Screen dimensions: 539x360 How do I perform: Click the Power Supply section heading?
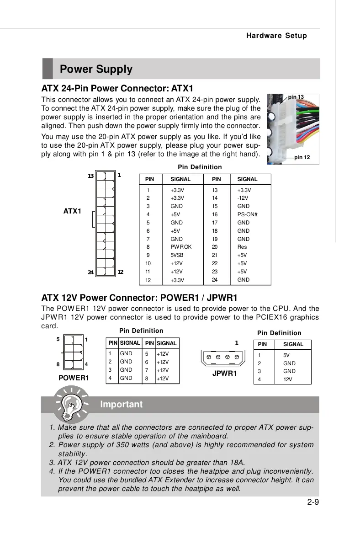pos(96,69)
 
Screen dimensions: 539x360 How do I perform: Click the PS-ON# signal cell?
pos(248,214)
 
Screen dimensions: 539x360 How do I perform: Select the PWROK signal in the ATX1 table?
pos(181,247)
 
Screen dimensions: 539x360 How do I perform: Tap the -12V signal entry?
pos(243,198)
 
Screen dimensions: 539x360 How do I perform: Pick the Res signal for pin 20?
pos(242,247)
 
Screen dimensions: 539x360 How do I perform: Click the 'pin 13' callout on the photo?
pos(296,97)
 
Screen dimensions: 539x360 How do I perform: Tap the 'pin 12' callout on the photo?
pos(302,157)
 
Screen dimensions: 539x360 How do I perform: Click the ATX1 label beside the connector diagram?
pos(72,211)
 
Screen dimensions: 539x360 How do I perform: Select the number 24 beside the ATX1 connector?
pos(91,272)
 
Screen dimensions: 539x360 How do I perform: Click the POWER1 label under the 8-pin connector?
pos(74,378)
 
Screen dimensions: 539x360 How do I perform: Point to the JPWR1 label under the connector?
pos(224,374)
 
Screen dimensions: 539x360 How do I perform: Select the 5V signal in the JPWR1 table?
pos(286,355)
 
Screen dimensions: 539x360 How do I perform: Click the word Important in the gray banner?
pos(121,405)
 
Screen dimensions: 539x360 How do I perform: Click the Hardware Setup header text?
pos(276,36)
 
